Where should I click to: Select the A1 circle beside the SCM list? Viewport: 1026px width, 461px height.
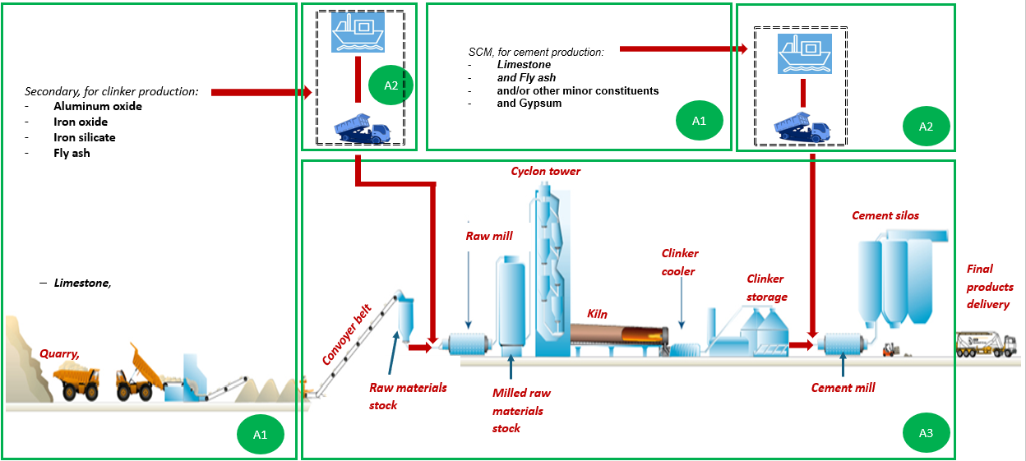pyautogui.click(x=698, y=121)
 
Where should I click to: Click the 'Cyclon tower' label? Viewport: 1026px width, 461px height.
pyautogui.click(x=545, y=172)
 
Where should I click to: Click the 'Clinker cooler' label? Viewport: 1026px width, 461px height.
pyautogui.click(x=679, y=262)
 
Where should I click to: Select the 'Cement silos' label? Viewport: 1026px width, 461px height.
pyautogui.click(x=885, y=216)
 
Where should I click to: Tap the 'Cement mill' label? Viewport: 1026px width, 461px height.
pyautogui.click(x=843, y=388)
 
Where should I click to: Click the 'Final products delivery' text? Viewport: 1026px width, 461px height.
pyautogui.click(x=989, y=286)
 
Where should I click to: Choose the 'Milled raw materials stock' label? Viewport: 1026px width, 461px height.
pyautogui.click(x=517, y=410)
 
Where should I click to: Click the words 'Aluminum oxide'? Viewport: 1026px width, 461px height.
pyautogui.click(x=98, y=106)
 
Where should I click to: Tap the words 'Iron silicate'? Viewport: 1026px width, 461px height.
pyautogui.click(x=85, y=137)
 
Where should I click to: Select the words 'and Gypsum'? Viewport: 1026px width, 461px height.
pyautogui.click(x=529, y=104)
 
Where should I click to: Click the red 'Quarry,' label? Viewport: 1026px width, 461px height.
pyautogui.click(x=60, y=353)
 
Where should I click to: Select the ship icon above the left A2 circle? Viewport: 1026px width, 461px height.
pyautogui.click(x=358, y=33)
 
